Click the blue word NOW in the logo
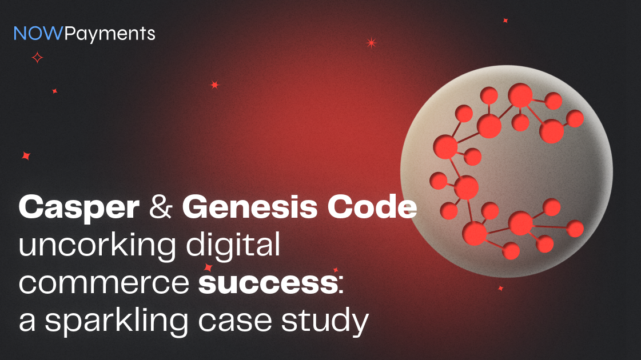(38, 34)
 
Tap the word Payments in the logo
(110, 34)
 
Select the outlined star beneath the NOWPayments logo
(37, 57)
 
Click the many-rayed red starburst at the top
(371, 42)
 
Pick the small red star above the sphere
(505, 21)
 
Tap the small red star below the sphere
(500, 289)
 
